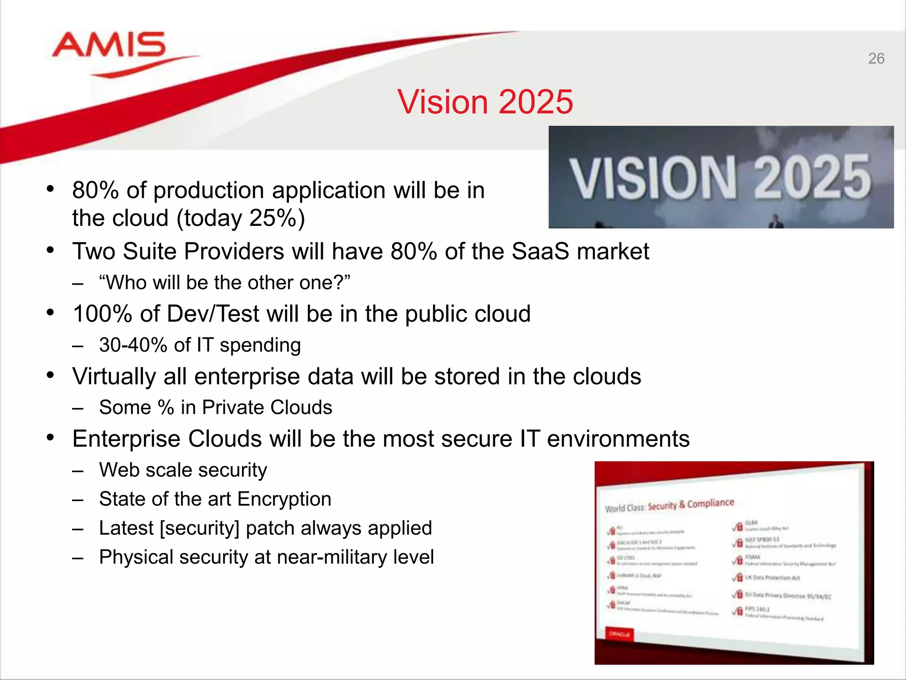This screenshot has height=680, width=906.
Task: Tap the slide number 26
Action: point(876,58)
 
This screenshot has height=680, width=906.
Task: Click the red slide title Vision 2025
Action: point(485,102)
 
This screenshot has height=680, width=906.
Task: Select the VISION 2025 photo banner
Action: point(721,177)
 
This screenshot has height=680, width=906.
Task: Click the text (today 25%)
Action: point(241,218)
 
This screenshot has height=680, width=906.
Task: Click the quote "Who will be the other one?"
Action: point(225,282)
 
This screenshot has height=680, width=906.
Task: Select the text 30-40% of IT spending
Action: point(200,345)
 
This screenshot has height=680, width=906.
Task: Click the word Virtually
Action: point(114,376)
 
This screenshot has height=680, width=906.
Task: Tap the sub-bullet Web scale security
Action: point(183,470)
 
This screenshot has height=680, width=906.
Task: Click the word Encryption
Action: point(284,499)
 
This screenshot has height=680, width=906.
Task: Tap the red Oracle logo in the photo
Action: point(619,634)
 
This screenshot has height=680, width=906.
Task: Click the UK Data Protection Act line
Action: point(772,578)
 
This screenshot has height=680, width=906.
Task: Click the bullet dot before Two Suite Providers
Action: point(50,250)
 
